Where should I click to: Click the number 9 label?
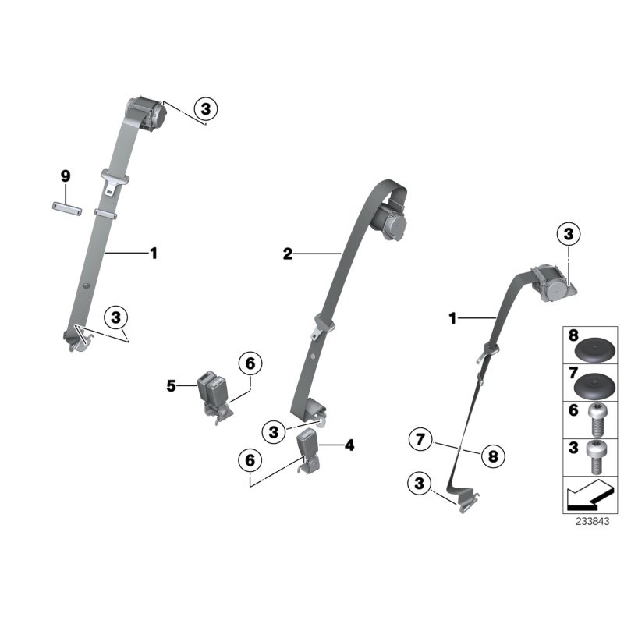click(66, 177)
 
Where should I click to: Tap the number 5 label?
click(171, 385)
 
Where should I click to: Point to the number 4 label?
click(349, 445)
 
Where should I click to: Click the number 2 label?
click(288, 253)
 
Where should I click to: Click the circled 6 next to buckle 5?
click(250, 364)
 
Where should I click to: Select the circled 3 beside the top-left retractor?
click(205, 109)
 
